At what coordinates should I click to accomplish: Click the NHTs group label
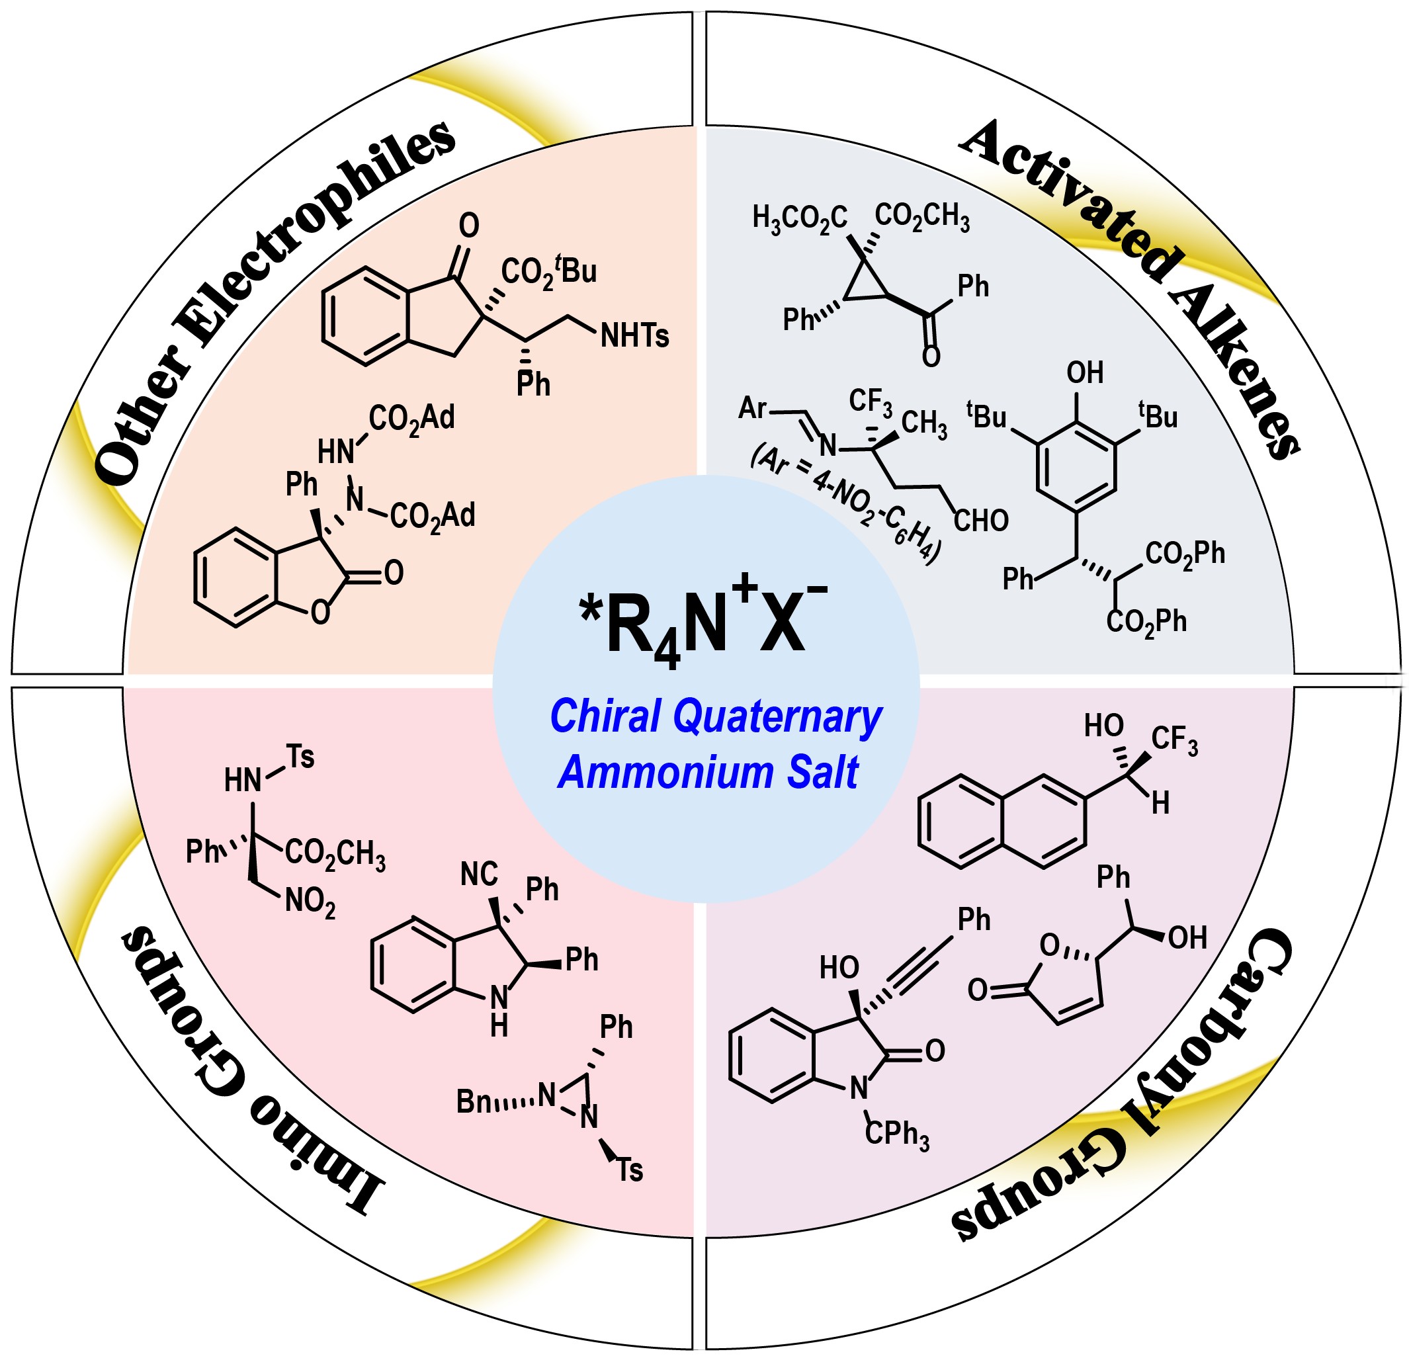pos(635,336)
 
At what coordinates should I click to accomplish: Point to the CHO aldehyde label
pos(981,521)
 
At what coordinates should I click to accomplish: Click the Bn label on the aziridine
pos(474,1101)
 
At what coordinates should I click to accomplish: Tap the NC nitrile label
pos(480,875)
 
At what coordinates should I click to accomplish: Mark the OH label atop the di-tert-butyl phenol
pos(1085,372)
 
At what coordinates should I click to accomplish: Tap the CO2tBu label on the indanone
pos(549,271)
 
